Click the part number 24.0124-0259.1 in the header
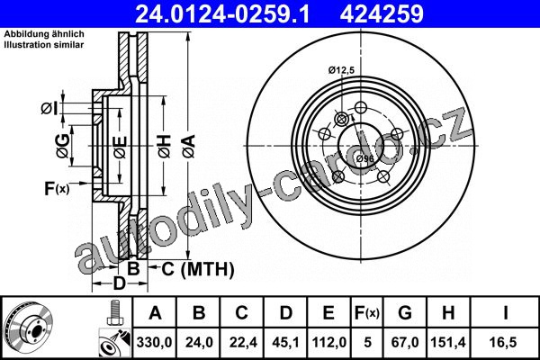pyautogui.click(x=222, y=13)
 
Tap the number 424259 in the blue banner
pyautogui.click(x=382, y=13)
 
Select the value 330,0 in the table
pyautogui.click(x=154, y=342)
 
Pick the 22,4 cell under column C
pyautogui.click(x=242, y=342)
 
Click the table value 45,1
pyautogui.click(x=285, y=342)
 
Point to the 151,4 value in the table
pyautogui.click(x=448, y=342)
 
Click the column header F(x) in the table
pyautogui.click(x=367, y=313)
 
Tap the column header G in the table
pyautogui.click(x=405, y=313)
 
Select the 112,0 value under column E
pyautogui.click(x=328, y=342)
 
